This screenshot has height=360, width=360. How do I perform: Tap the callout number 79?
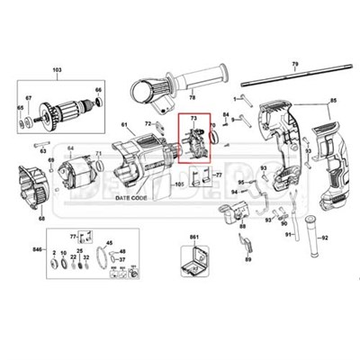(x=293, y=64)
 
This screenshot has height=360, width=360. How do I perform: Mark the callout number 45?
(x=110, y=242)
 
